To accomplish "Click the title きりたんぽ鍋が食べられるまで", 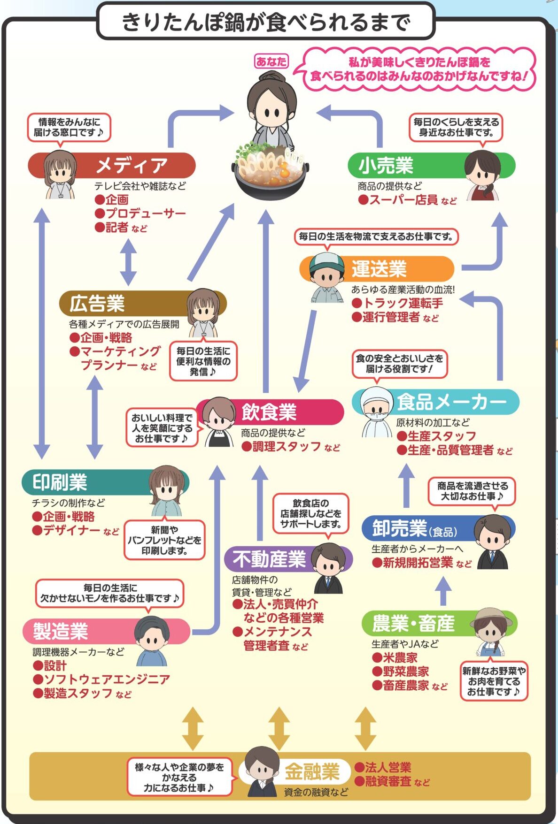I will coord(265,22).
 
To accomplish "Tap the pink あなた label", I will coord(271,61).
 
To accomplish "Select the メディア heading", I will coord(132,165).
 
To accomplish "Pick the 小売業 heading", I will coord(386,165).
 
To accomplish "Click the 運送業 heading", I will coord(379,269).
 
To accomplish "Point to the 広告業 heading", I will coord(97,304).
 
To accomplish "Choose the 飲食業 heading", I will coord(269,412).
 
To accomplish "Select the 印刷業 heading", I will coord(60,482).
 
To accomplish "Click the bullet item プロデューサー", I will coord(146,214).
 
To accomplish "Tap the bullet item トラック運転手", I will coord(403,303).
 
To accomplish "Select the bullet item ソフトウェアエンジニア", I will coord(107,679).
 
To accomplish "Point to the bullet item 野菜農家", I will coord(406,671).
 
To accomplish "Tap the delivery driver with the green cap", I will coord(326,278).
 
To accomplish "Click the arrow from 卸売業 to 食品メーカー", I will coord(406,486).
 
